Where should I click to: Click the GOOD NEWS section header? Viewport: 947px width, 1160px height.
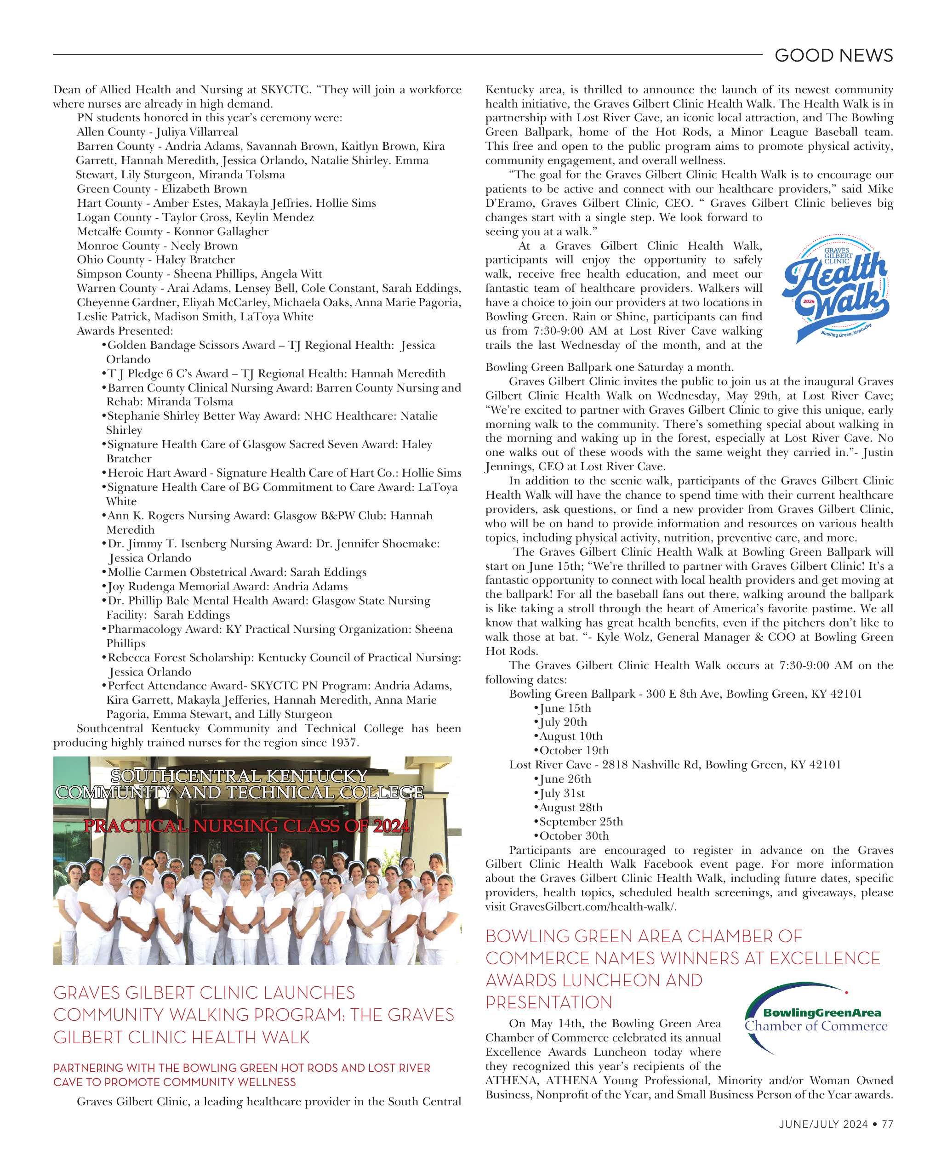(833, 55)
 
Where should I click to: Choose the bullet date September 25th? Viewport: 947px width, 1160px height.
(581, 821)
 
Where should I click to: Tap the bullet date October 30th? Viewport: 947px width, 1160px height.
(574, 836)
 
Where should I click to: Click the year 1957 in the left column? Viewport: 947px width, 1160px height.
(344, 743)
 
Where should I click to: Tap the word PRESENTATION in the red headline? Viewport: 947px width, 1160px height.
(549, 1002)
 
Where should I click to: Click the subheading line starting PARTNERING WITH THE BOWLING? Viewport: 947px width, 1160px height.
(242, 1068)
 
